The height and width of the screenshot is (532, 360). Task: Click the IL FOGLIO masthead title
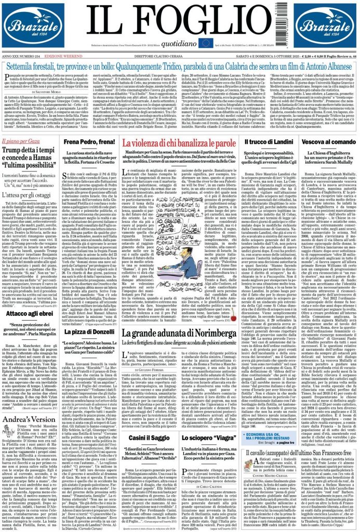click(x=180, y=20)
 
